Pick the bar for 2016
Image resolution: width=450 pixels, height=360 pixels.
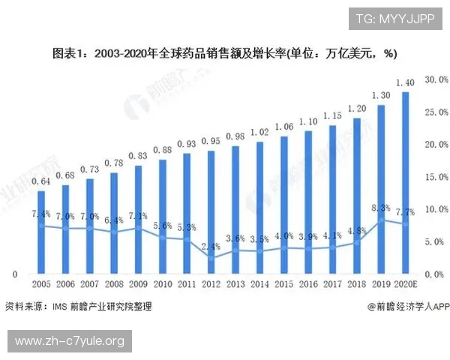[307, 202]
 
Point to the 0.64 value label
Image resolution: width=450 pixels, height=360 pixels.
[41, 181]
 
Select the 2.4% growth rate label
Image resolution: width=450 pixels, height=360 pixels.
[211, 246]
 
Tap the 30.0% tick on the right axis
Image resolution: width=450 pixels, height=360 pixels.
[436, 79]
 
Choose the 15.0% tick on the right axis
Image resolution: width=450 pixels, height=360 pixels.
[436, 177]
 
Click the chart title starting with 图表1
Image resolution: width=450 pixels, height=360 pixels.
[224, 54]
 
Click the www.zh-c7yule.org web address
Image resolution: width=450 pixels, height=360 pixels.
[69, 342]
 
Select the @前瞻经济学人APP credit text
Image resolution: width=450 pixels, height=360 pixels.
[408, 306]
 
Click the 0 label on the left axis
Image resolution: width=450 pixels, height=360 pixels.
[14, 274]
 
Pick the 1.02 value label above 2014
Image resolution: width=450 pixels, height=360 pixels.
[259, 132]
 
